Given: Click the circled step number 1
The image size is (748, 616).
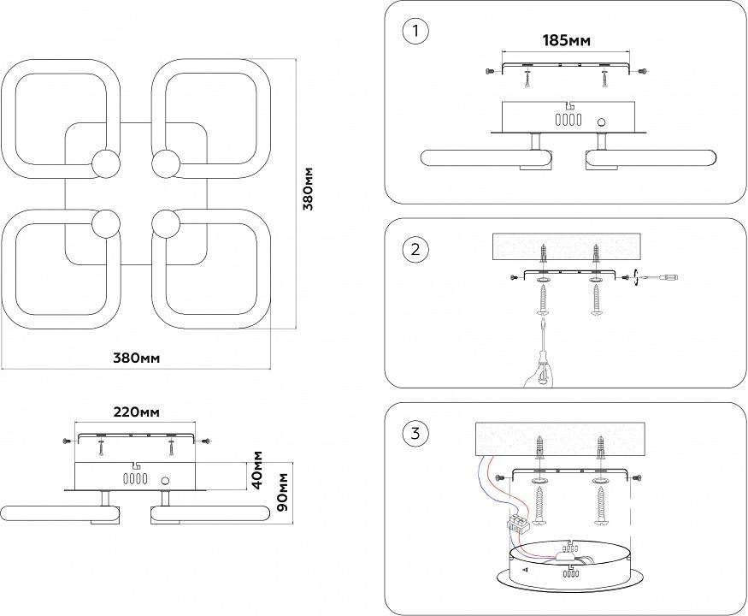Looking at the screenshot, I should pyautogui.click(x=415, y=32).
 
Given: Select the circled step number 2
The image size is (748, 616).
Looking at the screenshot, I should pyautogui.click(x=415, y=250).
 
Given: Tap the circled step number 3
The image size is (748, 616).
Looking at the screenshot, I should pyautogui.click(x=415, y=434).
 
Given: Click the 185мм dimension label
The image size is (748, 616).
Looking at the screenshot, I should pyautogui.click(x=567, y=39).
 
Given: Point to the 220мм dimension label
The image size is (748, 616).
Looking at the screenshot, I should pyautogui.click(x=137, y=412).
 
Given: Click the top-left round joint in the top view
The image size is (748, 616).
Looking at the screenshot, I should pyautogui.click(x=106, y=163).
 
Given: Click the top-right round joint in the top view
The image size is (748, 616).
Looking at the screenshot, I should pyautogui.click(x=165, y=163).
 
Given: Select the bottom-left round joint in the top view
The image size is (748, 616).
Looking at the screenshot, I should pyautogui.click(x=106, y=224).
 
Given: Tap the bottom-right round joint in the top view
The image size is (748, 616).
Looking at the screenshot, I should pyautogui.click(x=165, y=224).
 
